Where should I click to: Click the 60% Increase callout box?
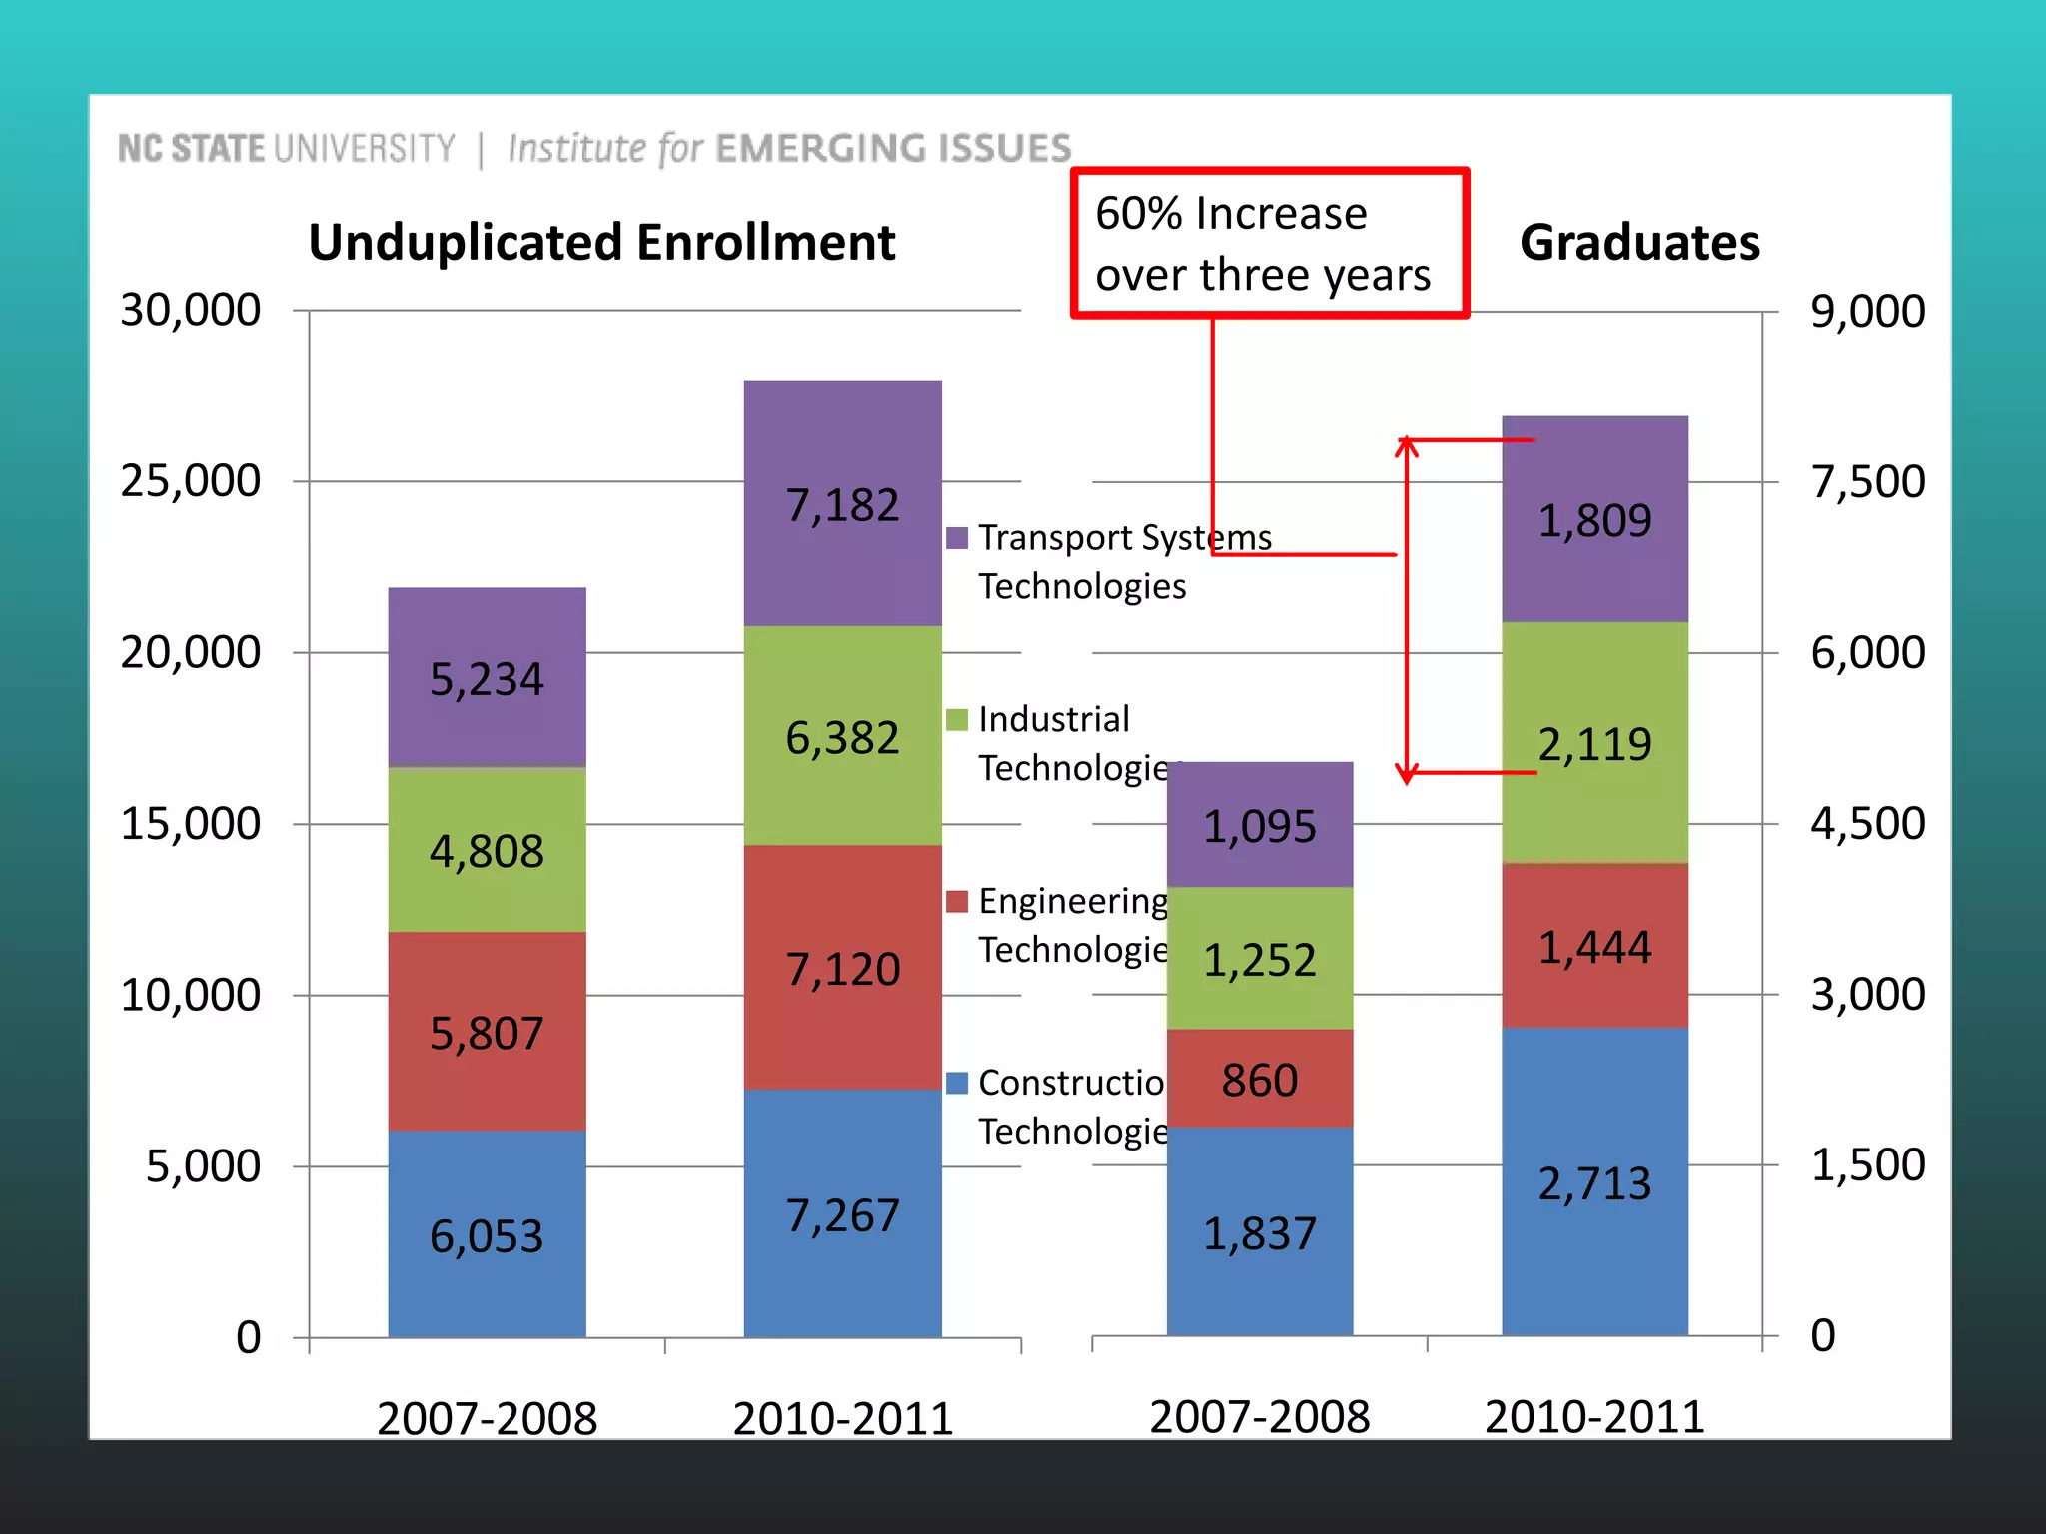[x=1269, y=243]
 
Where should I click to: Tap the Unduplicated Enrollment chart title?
[x=601, y=243]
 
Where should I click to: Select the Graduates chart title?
[x=1639, y=243]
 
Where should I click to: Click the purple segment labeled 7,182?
[x=842, y=504]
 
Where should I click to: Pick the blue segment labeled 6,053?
[x=487, y=1235]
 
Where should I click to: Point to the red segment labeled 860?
[x=1259, y=1080]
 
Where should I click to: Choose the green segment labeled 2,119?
[x=1594, y=744]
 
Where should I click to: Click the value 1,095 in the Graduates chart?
[x=1259, y=826]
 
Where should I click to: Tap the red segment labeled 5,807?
[x=487, y=1032]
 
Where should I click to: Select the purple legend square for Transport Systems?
[x=957, y=538]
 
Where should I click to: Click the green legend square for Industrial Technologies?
[x=957, y=720]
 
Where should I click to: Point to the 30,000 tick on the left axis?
[x=191, y=310]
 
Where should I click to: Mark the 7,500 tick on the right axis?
[x=1867, y=481]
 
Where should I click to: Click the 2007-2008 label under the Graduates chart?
[x=1259, y=1416]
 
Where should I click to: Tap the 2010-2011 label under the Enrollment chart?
[x=842, y=1418]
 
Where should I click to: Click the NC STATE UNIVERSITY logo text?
[x=287, y=149]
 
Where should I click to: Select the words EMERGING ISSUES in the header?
[x=893, y=149]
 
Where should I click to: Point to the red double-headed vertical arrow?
[x=1407, y=609]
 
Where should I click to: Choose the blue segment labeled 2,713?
[x=1594, y=1183]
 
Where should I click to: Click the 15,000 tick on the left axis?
[x=191, y=824]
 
